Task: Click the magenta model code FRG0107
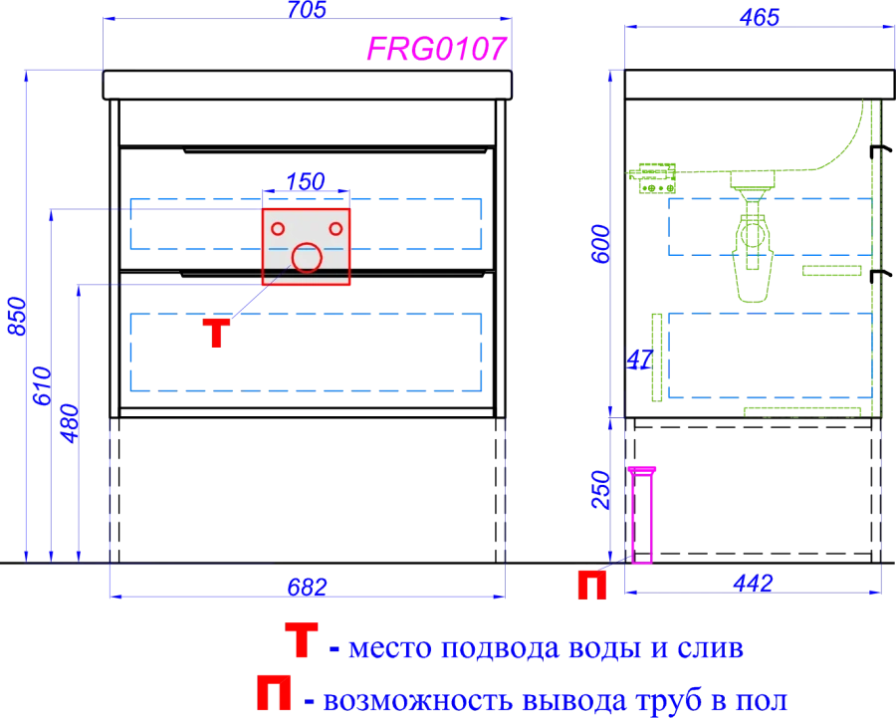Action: point(438,49)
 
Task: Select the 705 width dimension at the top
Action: point(307,10)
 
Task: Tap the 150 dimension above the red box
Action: point(307,181)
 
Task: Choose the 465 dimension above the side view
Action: point(759,17)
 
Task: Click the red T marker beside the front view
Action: point(215,333)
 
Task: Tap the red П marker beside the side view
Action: point(593,586)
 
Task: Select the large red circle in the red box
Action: point(307,258)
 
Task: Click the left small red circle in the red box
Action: point(279,229)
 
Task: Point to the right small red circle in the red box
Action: point(334,229)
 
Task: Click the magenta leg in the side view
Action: point(642,514)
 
